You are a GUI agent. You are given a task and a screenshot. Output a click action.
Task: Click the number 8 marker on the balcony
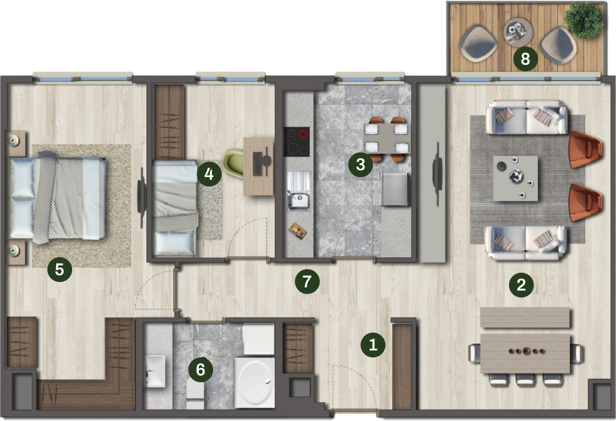[525, 59]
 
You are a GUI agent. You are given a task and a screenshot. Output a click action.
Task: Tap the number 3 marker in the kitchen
[360, 164]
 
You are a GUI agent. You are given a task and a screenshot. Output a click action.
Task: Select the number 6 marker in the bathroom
[200, 370]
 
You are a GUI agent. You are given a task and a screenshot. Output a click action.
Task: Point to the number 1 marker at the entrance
[373, 345]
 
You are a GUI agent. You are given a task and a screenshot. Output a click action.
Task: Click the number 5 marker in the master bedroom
[59, 270]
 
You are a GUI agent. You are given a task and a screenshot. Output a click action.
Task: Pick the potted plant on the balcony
[584, 20]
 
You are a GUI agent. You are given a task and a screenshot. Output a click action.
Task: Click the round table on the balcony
[518, 32]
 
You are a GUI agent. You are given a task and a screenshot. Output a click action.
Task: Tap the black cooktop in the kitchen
[297, 142]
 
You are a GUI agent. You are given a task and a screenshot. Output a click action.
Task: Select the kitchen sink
[298, 191]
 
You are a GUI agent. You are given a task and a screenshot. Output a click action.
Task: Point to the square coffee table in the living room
[515, 179]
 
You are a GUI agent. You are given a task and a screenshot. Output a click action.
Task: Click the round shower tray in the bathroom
[254, 382]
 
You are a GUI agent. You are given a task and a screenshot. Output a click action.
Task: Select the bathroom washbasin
[155, 371]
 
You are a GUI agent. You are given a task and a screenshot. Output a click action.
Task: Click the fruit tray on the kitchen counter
[297, 231]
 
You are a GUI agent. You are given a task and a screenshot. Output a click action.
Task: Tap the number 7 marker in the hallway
[307, 282]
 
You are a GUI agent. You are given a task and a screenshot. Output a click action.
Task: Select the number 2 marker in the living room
[521, 285]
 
